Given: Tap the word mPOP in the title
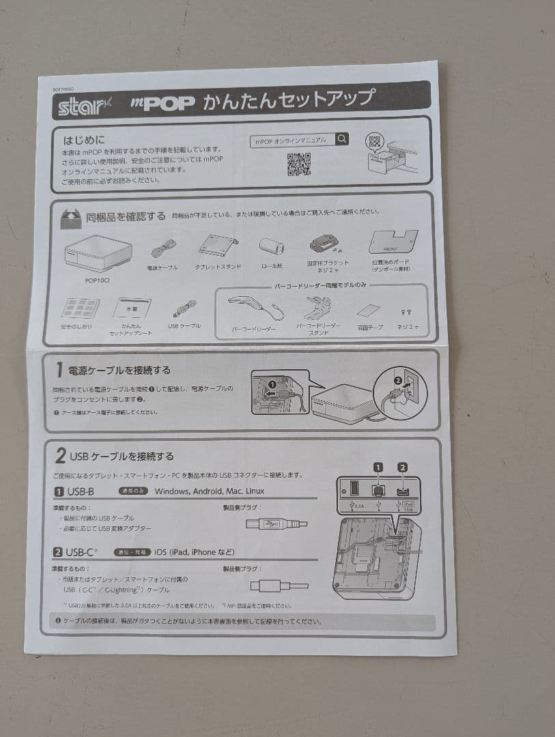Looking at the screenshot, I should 164,103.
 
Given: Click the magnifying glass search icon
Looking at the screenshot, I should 342,139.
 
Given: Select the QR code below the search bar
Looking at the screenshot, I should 299,164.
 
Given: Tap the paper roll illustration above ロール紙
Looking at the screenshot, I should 272,246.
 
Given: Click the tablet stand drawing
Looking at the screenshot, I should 218,245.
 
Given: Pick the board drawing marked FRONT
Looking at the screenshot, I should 393,242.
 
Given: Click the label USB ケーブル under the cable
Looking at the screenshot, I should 184,326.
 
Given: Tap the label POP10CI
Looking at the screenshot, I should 98,280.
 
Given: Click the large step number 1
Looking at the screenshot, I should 59,370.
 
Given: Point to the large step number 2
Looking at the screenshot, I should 61,456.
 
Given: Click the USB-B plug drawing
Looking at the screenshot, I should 279,523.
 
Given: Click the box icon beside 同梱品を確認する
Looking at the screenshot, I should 70,218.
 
